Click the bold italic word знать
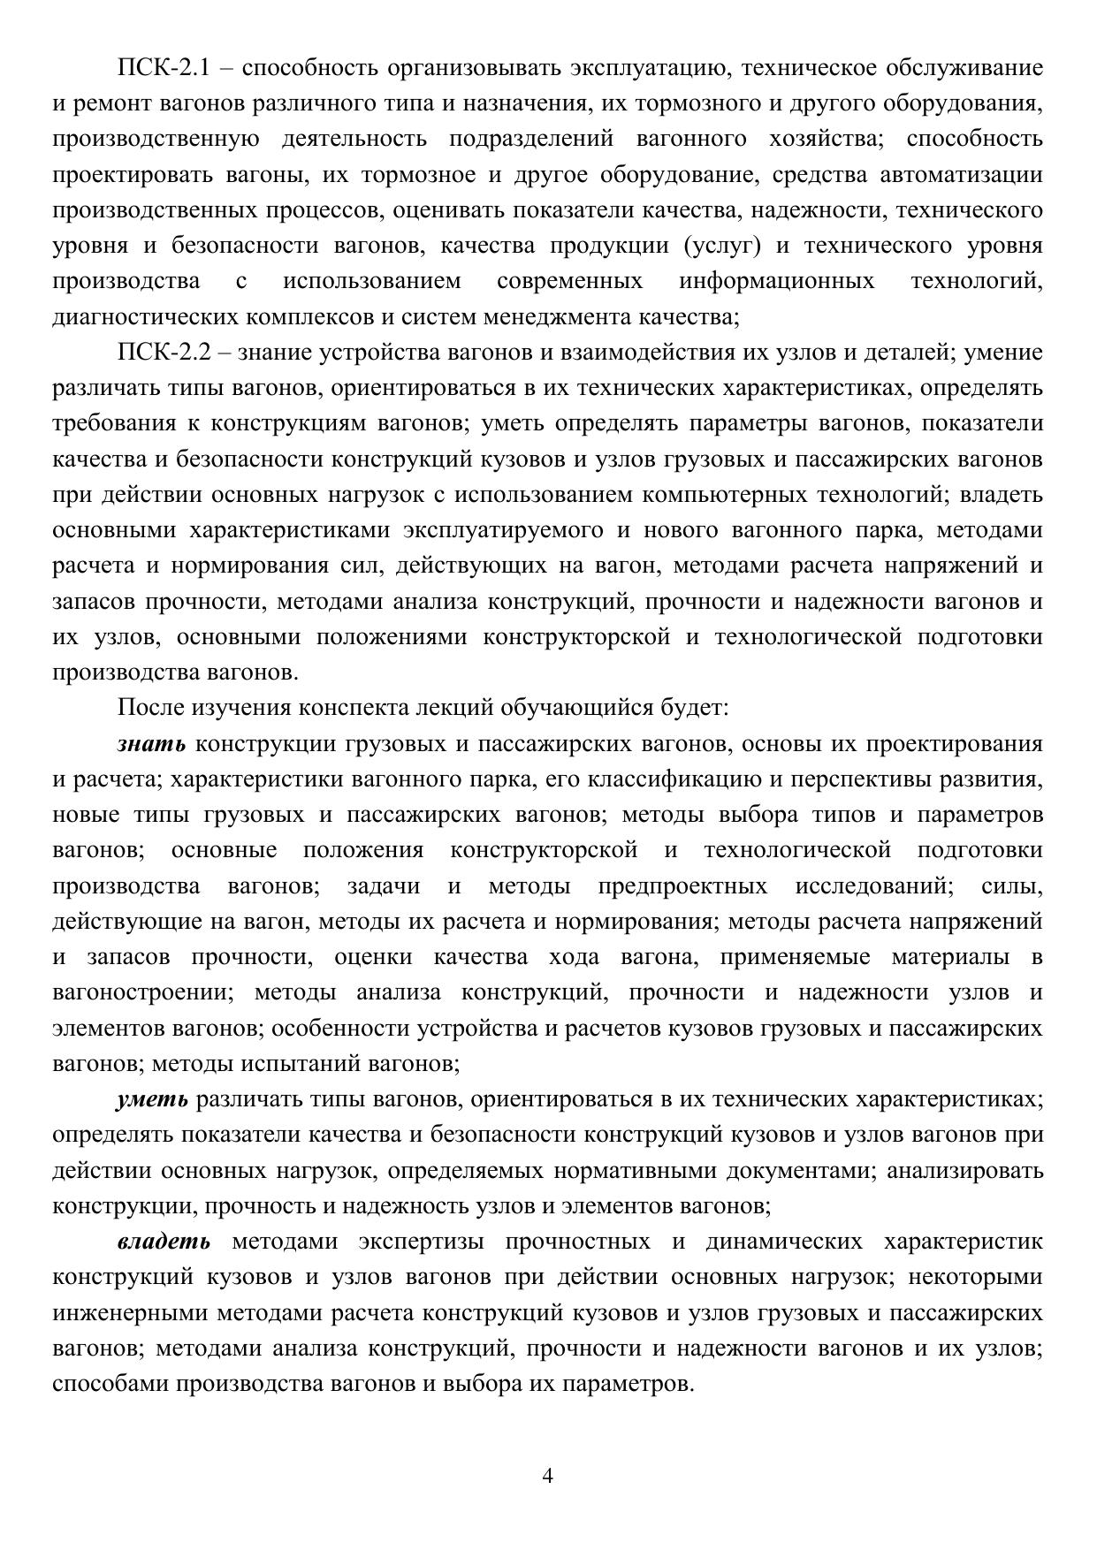151,744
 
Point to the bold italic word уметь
152,1099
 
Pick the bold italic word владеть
164,1242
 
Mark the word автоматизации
962,175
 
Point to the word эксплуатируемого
503,530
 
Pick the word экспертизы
421,1242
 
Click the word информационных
776,282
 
